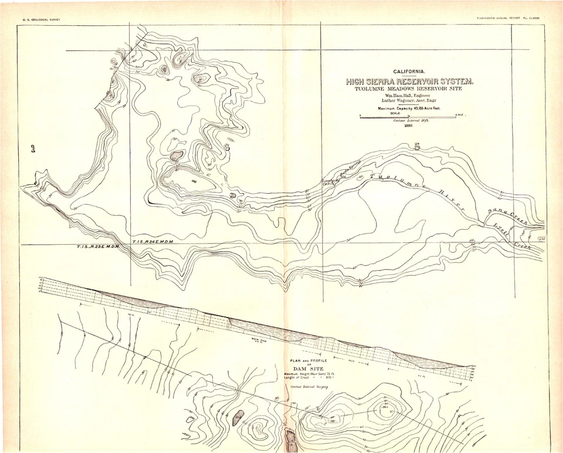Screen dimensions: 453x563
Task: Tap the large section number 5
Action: pos(417,147)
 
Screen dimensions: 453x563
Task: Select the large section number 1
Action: pos(33,149)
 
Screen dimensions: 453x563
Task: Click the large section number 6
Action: pos(227,148)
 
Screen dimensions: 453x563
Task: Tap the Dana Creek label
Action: pos(507,217)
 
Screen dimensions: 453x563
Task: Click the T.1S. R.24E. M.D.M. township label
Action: pos(155,242)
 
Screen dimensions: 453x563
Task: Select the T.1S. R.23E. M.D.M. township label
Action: pos(97,247)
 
